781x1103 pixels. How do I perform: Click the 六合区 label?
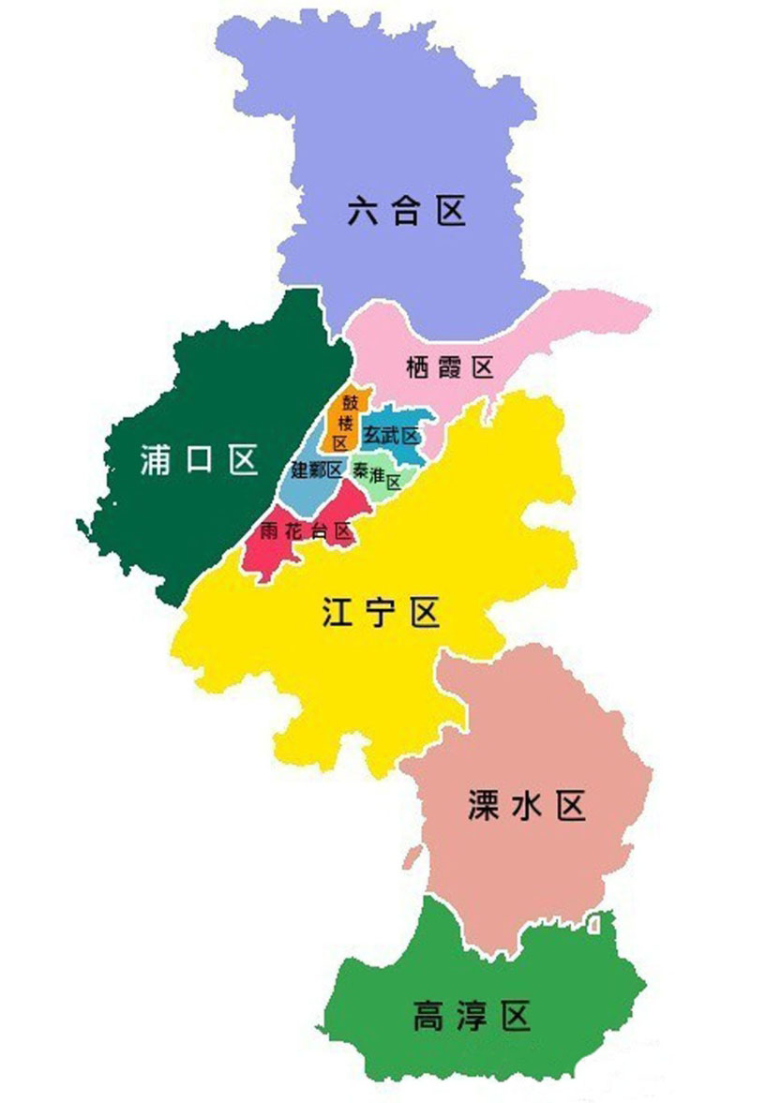406,211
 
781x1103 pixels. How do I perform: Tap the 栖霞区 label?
450,366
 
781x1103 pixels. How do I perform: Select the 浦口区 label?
198,459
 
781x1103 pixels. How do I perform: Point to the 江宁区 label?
381,614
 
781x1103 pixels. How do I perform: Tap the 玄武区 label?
390,435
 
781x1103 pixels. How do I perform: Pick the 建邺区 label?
317,469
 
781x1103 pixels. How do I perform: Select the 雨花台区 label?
306,531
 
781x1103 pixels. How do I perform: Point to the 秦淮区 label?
377,476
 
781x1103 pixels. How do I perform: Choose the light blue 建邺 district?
309,492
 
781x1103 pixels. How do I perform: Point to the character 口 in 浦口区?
199,460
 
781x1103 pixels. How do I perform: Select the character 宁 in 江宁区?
381,614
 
